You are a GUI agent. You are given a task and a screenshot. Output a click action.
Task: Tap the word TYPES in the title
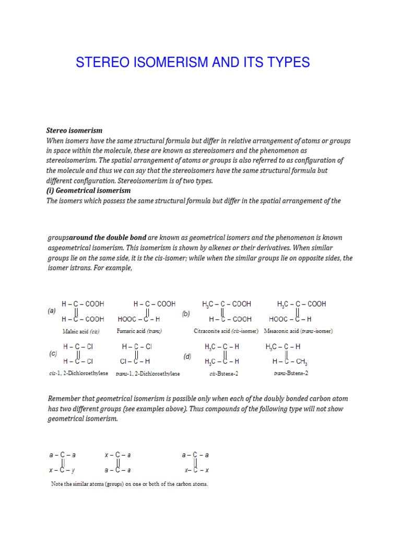288,63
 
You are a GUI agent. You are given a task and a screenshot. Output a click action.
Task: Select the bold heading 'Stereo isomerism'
74,130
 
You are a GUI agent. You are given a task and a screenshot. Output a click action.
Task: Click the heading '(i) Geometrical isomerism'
89,191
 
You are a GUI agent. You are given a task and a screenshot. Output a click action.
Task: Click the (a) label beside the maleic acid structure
52,310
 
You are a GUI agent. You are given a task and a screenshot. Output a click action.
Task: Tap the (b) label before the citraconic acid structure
186,314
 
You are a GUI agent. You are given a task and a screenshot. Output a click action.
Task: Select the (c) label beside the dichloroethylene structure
53,353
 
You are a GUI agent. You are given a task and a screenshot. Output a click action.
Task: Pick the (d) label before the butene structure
187,356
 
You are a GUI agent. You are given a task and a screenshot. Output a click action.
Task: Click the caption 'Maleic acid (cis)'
80,331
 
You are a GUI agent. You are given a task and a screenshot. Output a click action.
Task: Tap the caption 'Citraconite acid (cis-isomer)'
226,331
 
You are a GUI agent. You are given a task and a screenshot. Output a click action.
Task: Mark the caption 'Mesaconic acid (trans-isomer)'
298,331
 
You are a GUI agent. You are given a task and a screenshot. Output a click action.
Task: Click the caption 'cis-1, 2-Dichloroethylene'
78,374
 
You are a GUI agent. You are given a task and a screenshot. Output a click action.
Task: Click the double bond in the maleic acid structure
78,311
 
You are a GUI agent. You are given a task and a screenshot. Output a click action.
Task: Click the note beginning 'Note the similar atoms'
129,484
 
